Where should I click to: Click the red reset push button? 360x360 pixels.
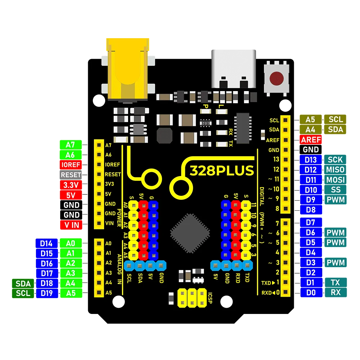pos(276,78)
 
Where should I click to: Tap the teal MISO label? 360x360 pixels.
pos(335,170)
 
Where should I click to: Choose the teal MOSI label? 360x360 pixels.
pos(335,180)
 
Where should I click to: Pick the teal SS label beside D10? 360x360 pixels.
pos(335,190)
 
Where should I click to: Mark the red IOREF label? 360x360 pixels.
pos(71,165)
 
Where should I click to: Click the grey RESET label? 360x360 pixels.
pos(71,175)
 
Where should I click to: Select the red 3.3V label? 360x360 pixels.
pos(71,185)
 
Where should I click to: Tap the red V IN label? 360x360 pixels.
pos(71,225)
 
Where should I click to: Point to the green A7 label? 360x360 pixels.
pos(71,145)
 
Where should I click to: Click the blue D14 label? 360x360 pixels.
pos(47,243)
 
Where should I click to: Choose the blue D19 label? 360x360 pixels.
pos(47,293)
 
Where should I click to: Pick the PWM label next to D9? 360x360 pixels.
pos(335,200)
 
